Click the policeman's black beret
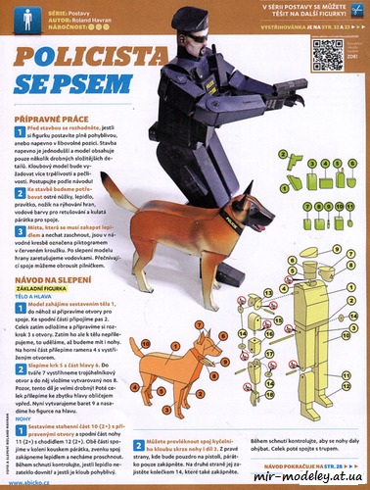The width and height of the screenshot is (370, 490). click(x=184, y=17)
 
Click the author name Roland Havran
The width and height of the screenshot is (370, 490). click(x=98, y=20)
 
